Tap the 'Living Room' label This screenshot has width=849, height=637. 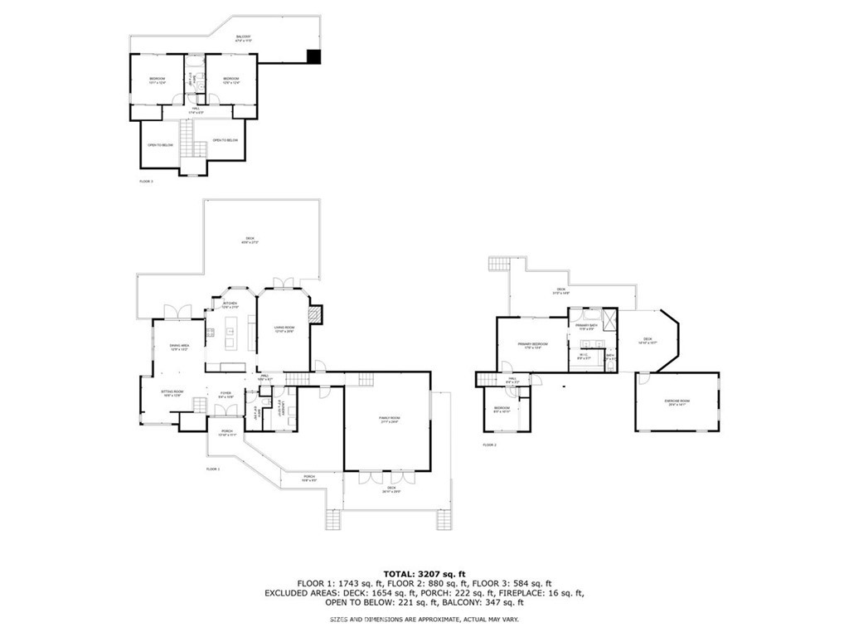(x=285, y=329)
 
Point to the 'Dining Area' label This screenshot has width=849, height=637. (x=179, y=348)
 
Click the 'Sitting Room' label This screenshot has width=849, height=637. (x=172, y=392)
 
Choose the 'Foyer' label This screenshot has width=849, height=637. (x=225, y=395)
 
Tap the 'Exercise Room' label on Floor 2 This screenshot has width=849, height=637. (x=677, y=402)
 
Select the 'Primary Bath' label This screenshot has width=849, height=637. (x=587, y=326)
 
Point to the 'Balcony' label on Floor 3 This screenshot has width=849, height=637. (x=244, y=37)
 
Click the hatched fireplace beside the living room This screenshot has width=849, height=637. (x=314, y=315)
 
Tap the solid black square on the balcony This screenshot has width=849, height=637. (x=313, y=56)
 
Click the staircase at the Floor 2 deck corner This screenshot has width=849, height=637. (x=497, y=265)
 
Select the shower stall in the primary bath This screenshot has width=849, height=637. (x=609, y=320)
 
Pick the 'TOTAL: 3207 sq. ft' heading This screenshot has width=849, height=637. (x=424, y=574)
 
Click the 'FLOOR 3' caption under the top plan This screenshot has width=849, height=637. (x=146, y=180)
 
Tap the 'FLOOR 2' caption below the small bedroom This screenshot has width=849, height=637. (x=489, y=445)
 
